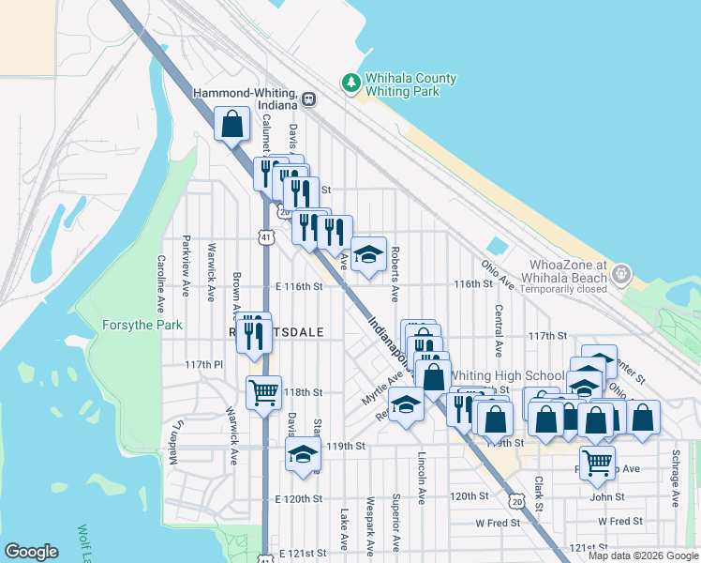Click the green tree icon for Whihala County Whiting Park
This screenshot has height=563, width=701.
(x=352, y=84)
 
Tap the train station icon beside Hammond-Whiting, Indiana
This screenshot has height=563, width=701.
(x=308, y=98)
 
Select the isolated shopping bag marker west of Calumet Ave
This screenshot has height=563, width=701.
(x=231, y=124)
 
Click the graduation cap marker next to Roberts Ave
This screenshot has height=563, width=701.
(x=368, y=253)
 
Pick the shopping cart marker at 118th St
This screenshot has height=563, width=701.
(x=263, y=391)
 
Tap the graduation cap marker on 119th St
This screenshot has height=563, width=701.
(x=303, y=454)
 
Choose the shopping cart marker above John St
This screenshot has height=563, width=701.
(x=596, y=463)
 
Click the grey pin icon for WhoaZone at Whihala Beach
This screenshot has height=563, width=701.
(x=619, y=274)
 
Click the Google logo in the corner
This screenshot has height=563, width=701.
(x=32, y=552)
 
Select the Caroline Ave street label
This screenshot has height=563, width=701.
(x=161, y=283)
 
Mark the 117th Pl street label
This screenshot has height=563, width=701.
(x=203, y=364)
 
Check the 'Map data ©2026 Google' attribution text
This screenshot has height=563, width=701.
(x=642, y=555)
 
